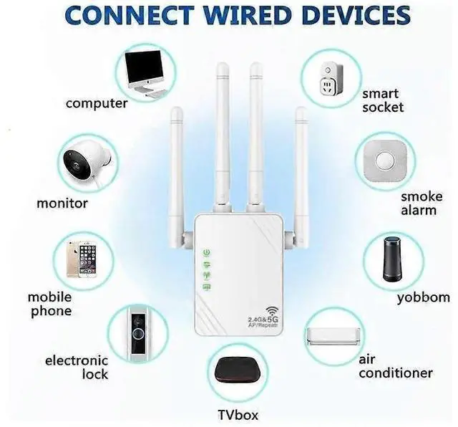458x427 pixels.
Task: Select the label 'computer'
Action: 97,103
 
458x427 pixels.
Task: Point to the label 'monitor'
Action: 62,203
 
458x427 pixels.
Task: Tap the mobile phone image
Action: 81,257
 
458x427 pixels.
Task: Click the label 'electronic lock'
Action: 77,367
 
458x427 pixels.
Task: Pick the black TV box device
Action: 236,377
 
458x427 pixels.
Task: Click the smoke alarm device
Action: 385,160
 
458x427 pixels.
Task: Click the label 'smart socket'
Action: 383,100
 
